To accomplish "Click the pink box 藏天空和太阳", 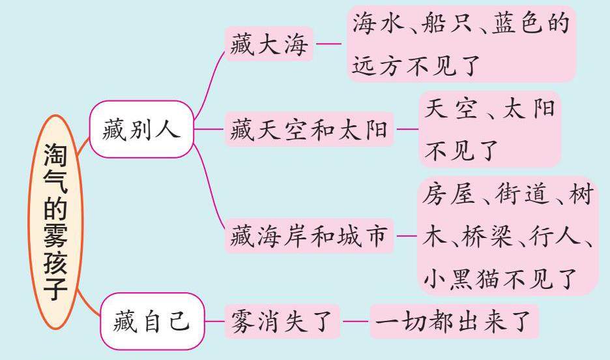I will [x=310, y=132].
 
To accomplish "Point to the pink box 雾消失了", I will [x=282, y=322].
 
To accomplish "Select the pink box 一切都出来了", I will [x=454, y=322].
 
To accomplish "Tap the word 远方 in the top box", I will [x=381, y=65].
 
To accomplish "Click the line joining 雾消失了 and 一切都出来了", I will [x=355, y=322].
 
